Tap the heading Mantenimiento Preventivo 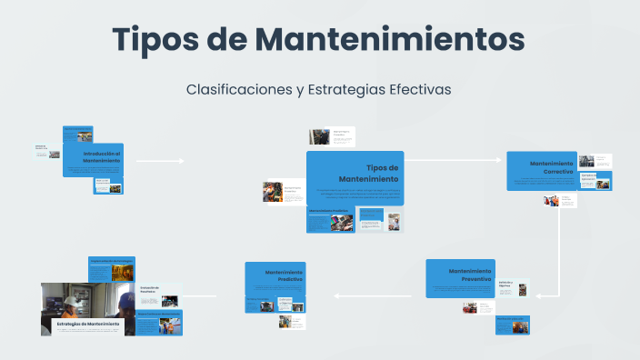click(470, 275)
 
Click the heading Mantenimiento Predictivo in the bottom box click(285, 276)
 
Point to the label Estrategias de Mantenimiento click(88, 324)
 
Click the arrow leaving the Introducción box click(160, 161)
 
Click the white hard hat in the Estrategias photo click(70, 301)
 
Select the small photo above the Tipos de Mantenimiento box click(318, 136)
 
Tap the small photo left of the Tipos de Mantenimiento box click(272, 192)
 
